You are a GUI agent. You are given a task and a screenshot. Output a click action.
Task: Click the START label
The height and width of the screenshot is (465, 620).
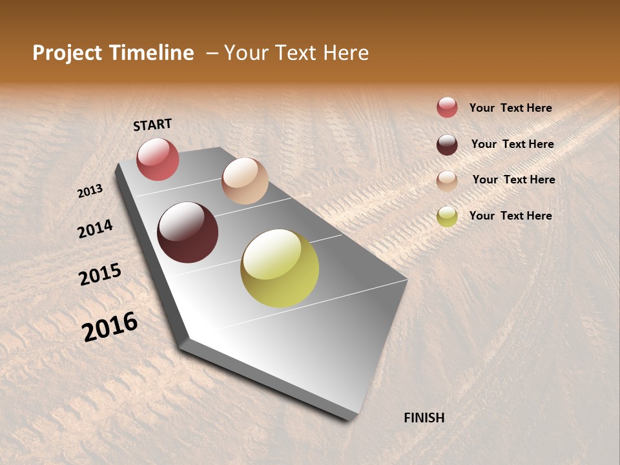pos(152,125)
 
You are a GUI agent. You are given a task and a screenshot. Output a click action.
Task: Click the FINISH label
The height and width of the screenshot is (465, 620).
pos(424,418)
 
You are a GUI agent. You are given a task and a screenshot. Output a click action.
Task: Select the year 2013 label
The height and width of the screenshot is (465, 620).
pos(90,191)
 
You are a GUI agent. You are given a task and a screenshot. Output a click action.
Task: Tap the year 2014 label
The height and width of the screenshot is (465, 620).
pos(95,229)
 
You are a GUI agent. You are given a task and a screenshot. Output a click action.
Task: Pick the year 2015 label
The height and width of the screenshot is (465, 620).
pos(100,274)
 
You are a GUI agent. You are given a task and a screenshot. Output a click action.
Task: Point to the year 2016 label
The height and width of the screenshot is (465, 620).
pos(110,327)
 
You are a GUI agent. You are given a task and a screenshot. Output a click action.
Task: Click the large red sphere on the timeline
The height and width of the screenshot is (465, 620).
pos(158,159)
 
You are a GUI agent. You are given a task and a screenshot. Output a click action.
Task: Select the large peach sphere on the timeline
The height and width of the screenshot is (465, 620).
pos(245,181)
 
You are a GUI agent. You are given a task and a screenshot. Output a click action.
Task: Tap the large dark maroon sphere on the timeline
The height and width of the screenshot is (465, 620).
pos(187,232)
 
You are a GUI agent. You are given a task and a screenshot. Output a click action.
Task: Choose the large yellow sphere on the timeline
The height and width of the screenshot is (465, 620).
pos(280,268)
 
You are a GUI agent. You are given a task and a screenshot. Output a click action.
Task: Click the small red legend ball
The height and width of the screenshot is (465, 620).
pos(447,107)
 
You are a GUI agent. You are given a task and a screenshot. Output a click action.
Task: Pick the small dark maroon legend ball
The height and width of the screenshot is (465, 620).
pos(447,145)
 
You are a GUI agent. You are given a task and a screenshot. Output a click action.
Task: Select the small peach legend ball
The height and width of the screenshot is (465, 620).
pos(447,181)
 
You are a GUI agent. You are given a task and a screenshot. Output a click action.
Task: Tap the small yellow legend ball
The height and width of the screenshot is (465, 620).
pos(447,216)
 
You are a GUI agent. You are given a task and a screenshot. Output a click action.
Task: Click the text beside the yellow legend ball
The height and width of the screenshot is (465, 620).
pos(510,216)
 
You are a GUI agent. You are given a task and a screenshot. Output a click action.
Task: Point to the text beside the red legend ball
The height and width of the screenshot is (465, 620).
pos(510,108)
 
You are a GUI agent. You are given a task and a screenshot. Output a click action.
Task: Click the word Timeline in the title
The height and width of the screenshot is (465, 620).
pos(151,53)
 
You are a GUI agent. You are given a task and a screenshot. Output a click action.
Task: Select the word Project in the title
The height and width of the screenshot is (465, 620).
pos(67,53)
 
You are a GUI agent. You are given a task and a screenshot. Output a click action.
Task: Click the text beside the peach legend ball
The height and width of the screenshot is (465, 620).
pos(513,180)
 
